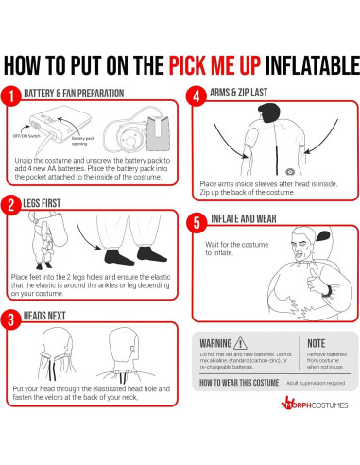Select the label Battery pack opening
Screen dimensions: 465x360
(x=83, y=141)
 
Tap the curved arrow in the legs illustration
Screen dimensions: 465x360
(x=87, y=229)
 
